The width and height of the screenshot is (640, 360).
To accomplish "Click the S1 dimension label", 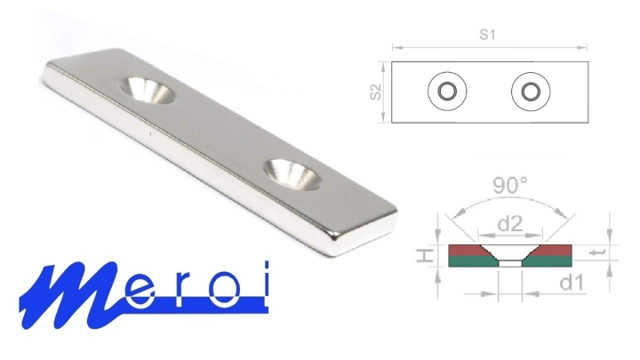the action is pyautogui.click(x=487, y=35).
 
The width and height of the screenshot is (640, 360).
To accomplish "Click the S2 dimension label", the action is pyautogui.click(x=375, y=92).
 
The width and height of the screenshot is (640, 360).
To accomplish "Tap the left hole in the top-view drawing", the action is pyautogui.click(x=447, y=92).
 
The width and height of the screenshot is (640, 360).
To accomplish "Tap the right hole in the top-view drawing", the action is pyautogui.click(x=531, y=92).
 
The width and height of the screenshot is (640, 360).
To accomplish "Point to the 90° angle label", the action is pyautogui.click(x=510, y=185).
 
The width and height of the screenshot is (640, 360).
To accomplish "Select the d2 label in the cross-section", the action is pyautogui.click(x=510, y=224).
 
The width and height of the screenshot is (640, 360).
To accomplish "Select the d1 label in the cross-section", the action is pyautogui.click(x=572, y=283).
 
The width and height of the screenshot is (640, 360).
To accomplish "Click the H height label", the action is pyautogui.click(x=425, y=256).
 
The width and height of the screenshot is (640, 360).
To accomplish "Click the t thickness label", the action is pyautogui.click(x=596, y=252).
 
